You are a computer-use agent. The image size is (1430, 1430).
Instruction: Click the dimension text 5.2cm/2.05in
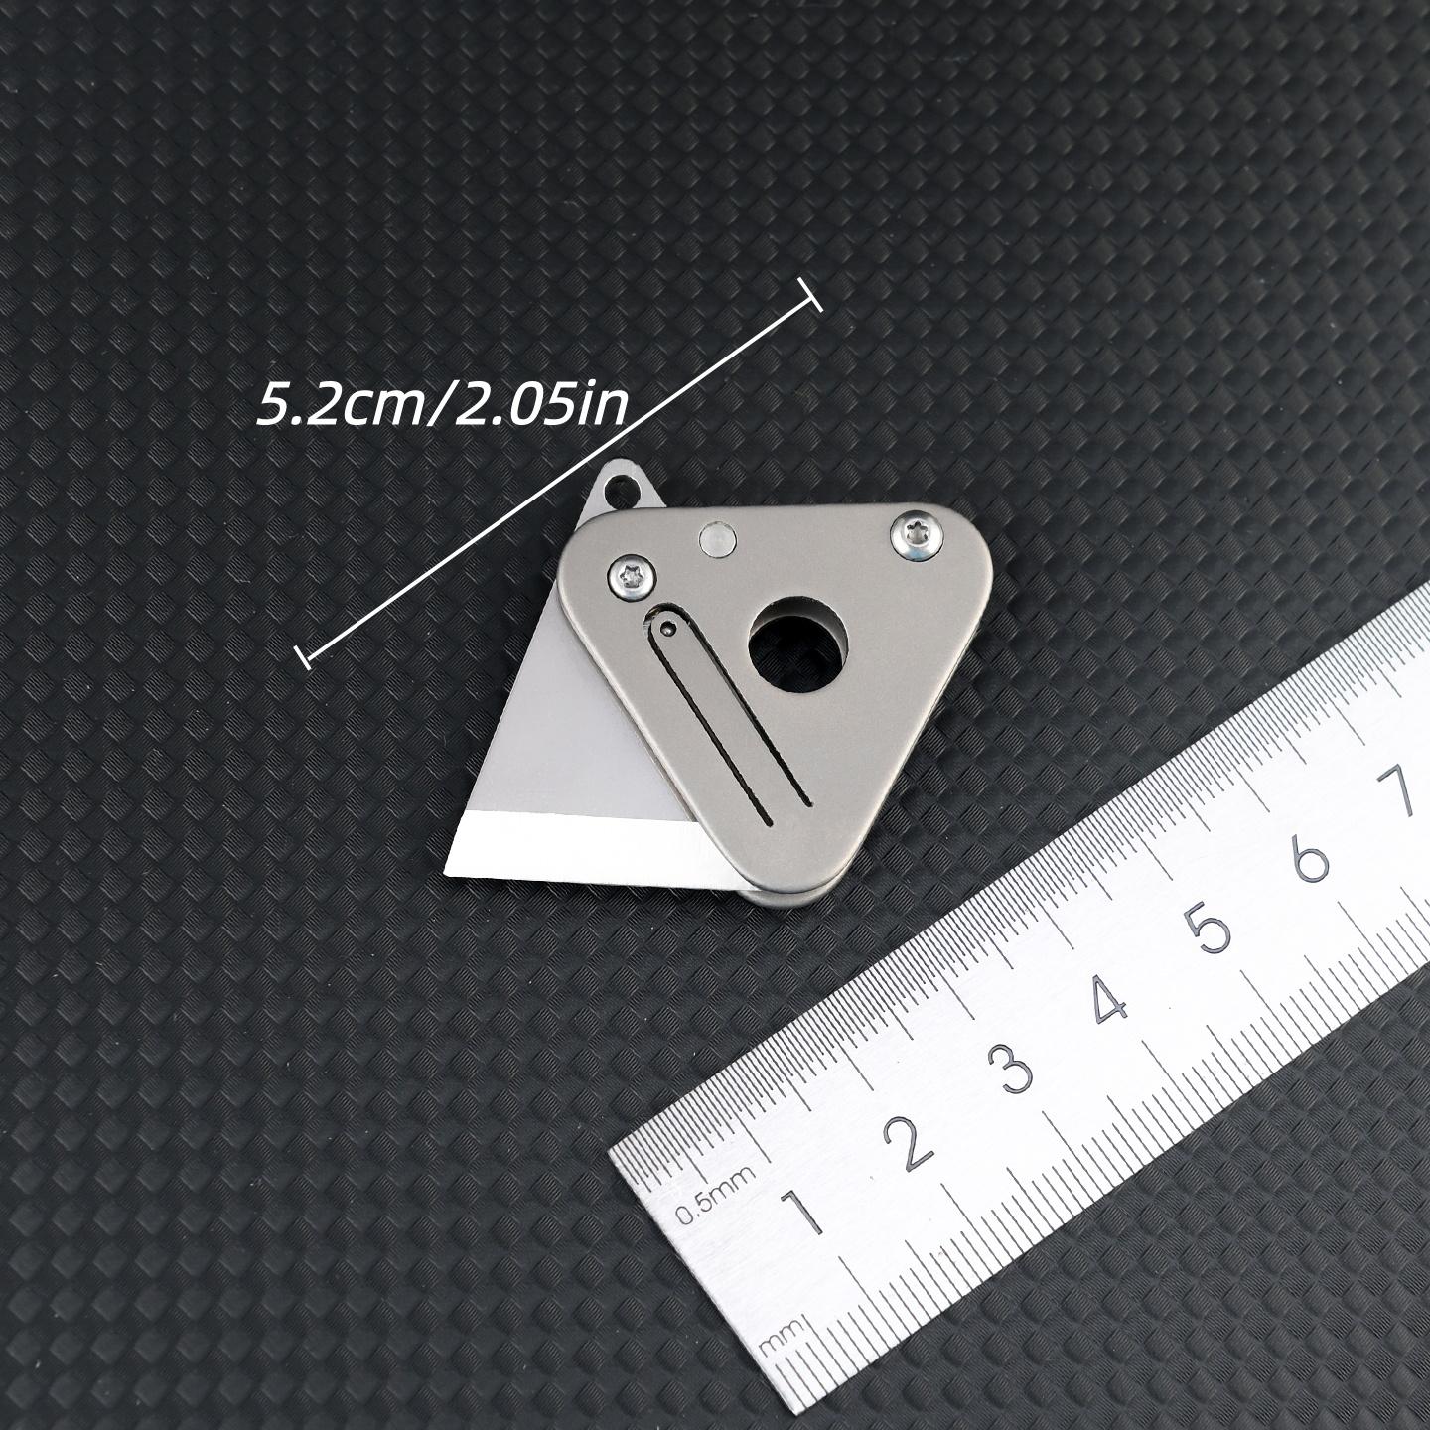(442, 406)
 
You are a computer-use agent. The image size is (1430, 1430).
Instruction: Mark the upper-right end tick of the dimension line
(811, 297)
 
